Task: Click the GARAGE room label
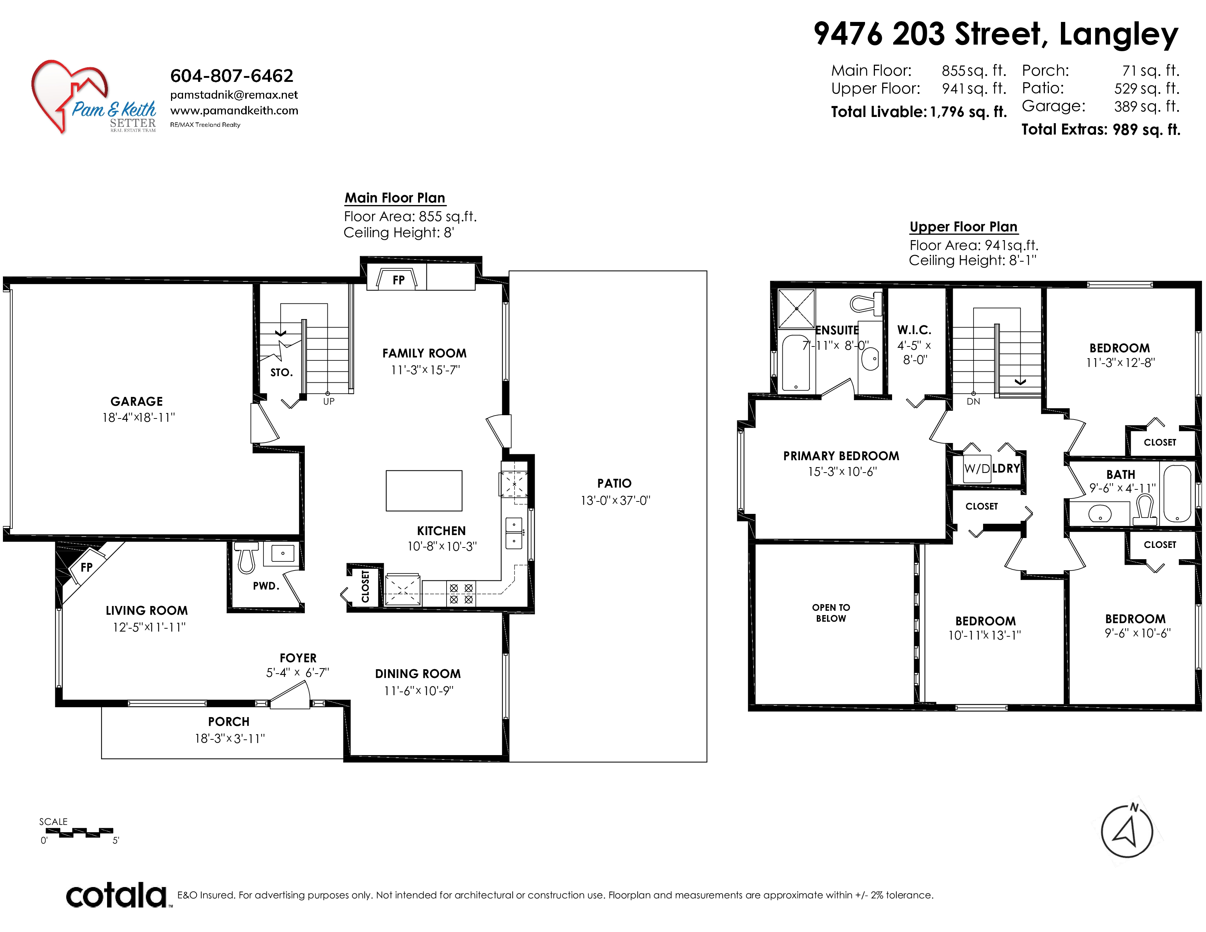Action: coord(136,401)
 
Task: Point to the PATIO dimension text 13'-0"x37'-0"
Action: coord(615,501)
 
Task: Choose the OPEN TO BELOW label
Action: coord(831,613)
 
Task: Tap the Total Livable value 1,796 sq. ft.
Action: coord(968,112)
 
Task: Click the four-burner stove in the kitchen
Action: coord(461,594)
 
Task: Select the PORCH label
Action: coord(229,721)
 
